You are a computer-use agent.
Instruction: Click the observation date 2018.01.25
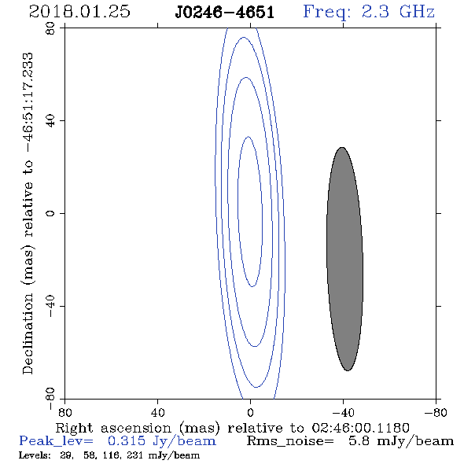(x=79, y=12)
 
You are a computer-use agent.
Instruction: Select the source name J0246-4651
(x=224, y=13)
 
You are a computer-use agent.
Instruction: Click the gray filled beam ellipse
(x=344, y=259)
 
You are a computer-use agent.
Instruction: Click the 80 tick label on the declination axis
(x=50, y=28)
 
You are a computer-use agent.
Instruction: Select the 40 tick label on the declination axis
(x=50, y=121)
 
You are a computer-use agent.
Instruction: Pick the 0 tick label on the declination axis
(x=50, y=213)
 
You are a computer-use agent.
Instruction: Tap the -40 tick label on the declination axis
(x=50, y=306)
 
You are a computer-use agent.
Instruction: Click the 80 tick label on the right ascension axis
(x=64, y=413)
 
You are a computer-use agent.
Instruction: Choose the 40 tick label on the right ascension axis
(x=157, y=413)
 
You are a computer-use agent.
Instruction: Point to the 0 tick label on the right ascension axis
(x=250, y=413)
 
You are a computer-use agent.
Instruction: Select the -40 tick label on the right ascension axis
(x=343, y=413)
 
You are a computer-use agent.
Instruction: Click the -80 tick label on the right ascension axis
(x=436, y=413)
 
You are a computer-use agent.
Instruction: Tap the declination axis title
(x=28, y=213)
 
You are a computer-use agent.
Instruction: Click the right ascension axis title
(x=233, y=428)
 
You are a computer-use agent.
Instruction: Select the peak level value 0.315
(x=127, y=441)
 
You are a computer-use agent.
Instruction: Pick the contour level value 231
(x=136, y=455)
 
